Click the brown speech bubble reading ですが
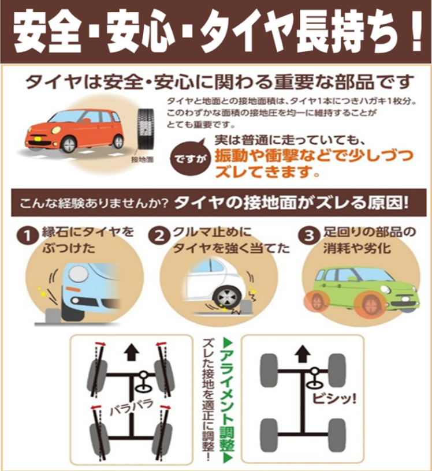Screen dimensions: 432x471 coord(189,159)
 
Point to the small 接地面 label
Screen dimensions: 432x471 coord(142,159)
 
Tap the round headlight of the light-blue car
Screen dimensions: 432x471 coord(78,275)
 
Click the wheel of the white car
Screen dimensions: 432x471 coord(225,297)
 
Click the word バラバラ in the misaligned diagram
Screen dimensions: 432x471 coord(132,407)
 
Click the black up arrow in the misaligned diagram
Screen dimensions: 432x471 coord(131,352)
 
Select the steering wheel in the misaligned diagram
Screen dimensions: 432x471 coord(143,382)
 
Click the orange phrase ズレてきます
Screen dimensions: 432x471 coord(267,172)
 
